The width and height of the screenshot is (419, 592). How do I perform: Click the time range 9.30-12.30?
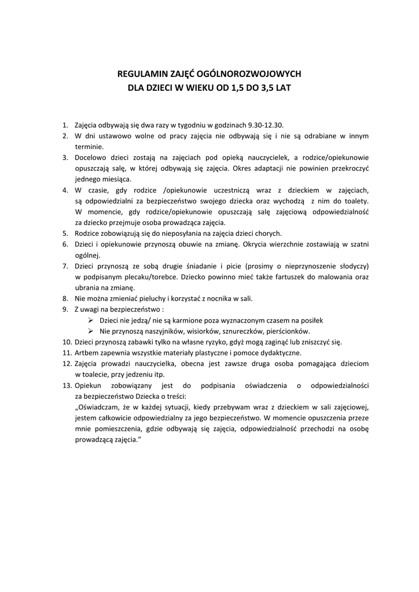(x=266, y=125)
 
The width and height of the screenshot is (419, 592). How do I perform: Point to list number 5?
(x=65, y=234)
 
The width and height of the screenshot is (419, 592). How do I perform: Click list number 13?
(x=67, y=385)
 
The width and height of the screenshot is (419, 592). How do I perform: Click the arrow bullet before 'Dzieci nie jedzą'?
(x=91, y=320)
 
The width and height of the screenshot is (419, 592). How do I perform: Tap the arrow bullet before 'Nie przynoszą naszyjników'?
(x=91, y=331)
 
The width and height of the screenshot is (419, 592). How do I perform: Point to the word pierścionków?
(x=288, y=331)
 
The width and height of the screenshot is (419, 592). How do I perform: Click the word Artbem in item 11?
(x=86, y=353)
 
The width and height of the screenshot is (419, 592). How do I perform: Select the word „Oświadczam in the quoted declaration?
(x=97, y=407)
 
